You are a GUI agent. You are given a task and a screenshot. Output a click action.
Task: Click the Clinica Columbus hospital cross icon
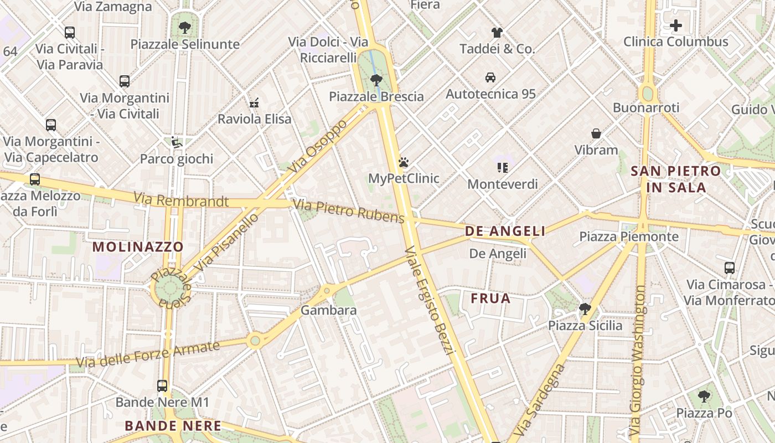pos(675,25)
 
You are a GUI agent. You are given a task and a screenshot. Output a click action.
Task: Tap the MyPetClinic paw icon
pos(404,162)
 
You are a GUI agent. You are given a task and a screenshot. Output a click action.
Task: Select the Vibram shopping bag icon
pos(596,133)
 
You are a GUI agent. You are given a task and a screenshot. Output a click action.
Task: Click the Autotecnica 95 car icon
pos(490,77)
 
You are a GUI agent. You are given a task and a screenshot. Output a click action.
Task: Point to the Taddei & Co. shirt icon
pos(497,33)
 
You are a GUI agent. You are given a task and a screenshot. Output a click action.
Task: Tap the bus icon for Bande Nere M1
pos(162,386)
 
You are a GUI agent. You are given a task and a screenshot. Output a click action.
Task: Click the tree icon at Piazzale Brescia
pos(376,80)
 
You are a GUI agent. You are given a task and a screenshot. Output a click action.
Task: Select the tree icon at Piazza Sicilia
pos(585,308)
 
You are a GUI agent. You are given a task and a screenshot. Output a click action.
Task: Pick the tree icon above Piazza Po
pos(704,396)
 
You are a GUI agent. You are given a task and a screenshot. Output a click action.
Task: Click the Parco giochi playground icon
pos(177,142)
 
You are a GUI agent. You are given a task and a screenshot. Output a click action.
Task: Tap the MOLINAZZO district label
pos(138,246)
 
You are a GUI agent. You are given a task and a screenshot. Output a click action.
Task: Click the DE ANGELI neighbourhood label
pos(505,231)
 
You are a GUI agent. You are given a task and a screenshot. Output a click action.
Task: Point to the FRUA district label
pos(490,299)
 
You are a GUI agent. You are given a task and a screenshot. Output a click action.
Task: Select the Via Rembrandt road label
pos(180,200)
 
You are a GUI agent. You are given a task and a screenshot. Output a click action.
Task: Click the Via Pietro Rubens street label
pos(349,211)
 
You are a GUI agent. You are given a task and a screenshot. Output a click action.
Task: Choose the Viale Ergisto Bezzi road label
pos(430,302)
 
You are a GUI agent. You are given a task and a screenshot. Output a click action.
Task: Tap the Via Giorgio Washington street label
pos(638,360)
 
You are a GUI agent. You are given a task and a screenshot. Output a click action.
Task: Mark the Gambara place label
pos(328,311)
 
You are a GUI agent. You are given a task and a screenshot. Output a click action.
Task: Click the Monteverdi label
pos(503,184)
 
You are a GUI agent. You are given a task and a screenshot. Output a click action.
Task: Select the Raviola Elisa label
pos(254,119)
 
